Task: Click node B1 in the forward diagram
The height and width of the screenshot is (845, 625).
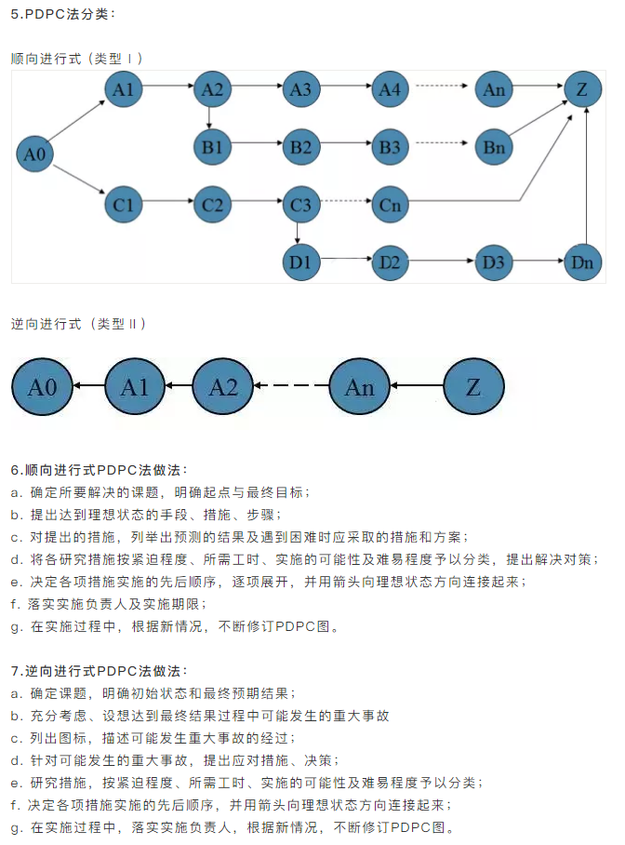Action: click(212, 146)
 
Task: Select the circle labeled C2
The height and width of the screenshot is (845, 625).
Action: click(212, 204)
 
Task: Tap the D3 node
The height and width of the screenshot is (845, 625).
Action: click(493, 262)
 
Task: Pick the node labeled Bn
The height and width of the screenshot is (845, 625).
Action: click(493, 146)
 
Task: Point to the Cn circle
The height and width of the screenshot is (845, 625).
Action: click(390, 204)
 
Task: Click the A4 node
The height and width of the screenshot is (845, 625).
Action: click(390, 89)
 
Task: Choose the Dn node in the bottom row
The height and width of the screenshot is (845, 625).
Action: click(582, 262)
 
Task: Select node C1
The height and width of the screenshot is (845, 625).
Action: click(123, 204)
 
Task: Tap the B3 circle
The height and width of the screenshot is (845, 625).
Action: click(390, 146)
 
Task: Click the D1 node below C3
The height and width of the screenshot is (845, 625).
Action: click(300, 262)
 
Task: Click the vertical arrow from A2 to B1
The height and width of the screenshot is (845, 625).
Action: click(212, 118)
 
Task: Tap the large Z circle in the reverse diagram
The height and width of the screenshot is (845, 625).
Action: click(473, 387)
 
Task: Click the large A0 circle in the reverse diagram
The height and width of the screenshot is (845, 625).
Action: click(43, 387)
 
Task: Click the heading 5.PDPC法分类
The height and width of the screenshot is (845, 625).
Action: click(63, 14)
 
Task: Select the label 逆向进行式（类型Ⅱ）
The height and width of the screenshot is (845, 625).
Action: click(78, 324)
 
